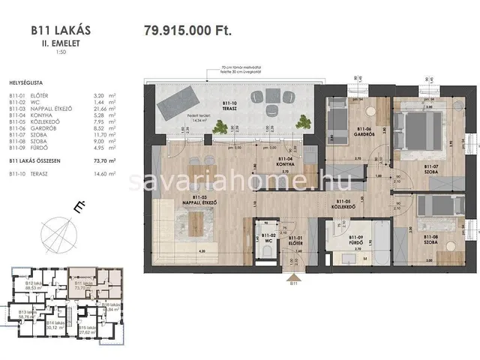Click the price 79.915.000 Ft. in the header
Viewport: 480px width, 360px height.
point(187,31)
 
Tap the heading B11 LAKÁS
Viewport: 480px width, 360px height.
point(61,31)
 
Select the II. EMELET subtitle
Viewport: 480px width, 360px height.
point(61,43)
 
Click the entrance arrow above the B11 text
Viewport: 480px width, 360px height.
point(294,275)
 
